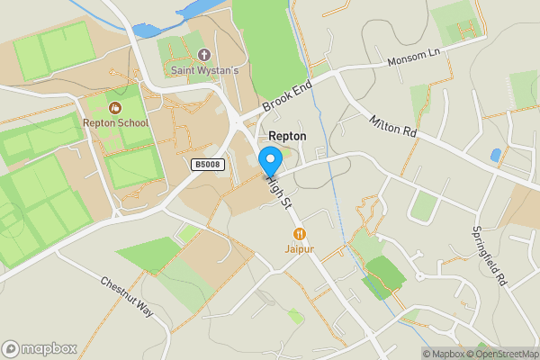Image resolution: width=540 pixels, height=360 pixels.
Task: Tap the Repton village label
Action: tap(287, 136)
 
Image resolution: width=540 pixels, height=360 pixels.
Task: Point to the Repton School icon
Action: tap(115, 108)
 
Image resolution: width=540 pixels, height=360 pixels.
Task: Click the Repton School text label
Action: tap(115, 122)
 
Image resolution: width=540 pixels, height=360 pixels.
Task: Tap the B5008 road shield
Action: tap(206, 165)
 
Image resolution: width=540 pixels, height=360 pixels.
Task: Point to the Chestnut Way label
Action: tap(128, 297)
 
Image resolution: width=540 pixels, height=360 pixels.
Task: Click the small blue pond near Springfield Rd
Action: tap(496, 155)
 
